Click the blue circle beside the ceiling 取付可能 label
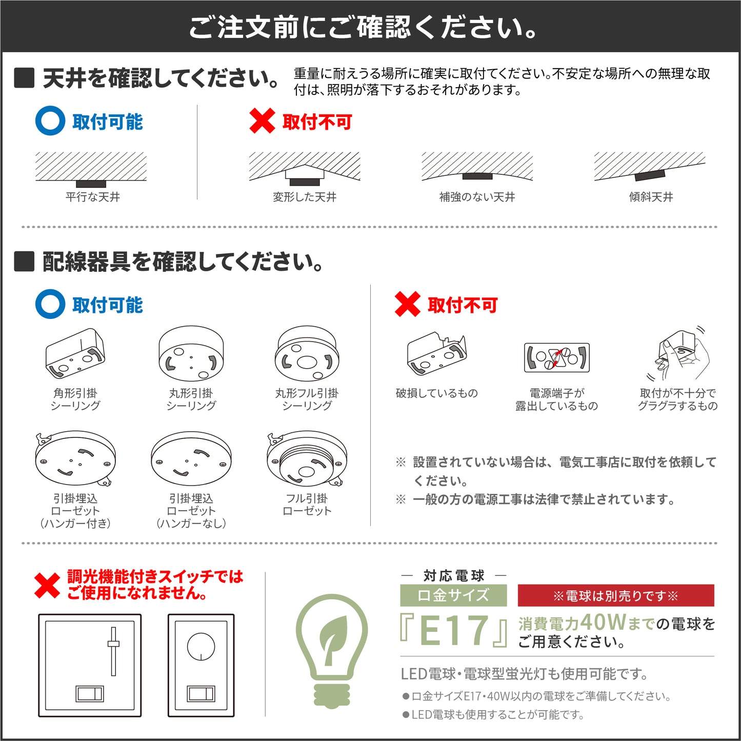point(50,121)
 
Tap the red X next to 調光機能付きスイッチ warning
point(47,586)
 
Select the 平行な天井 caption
point(93,197)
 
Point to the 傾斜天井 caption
point(651,197)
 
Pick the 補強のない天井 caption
point(477,197)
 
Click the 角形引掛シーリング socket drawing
point(75,353)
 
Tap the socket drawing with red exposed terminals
point(556,357)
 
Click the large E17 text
point(453,630)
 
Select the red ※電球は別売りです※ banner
point(616,596)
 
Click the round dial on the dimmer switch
point(201,647)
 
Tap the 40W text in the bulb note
point(603,623)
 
